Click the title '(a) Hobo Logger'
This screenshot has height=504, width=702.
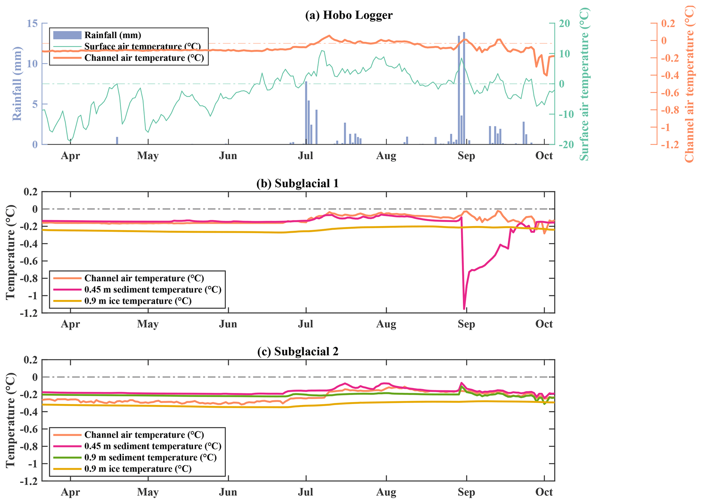[348, 15]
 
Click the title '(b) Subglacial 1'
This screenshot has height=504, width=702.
[298, 183]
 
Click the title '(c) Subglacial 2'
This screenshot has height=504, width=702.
[298, 351]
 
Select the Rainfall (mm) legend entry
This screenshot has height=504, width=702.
[112, 35]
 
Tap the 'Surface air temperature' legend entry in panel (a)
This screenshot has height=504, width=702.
[142, 47]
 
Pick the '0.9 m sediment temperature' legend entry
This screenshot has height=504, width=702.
[150, 457]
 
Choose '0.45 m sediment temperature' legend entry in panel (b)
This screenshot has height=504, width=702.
[152, 290]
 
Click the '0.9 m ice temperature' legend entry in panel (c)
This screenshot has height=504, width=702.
[138, 469]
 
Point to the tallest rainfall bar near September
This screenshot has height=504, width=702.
[464, 88]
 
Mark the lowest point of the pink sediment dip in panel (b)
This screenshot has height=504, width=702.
[464, 308]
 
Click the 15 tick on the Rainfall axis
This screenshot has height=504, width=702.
[33, 23]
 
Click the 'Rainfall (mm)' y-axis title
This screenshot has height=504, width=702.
[17, 84]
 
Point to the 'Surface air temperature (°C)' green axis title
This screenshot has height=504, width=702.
[583, 84]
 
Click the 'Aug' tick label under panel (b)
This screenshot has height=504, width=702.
[386, 324]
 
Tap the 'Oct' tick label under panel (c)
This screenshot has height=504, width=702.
[544, 492]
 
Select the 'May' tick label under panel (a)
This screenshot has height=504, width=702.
[148, 156]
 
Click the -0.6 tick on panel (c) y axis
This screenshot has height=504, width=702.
[30, 429]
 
